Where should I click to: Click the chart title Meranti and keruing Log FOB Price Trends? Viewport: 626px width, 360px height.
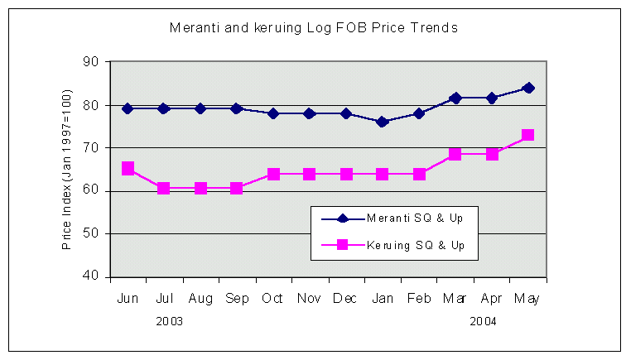pos(314,27)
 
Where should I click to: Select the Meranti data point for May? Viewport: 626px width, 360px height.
pos(528,88)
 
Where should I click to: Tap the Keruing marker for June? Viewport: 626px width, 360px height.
pos(128,168)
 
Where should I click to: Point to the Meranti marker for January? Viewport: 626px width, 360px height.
pos(383,122)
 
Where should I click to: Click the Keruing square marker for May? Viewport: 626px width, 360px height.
pos(528,135)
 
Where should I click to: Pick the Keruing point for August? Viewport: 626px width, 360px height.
pos(200,188)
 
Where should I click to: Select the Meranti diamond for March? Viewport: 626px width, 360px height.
pos(455,98)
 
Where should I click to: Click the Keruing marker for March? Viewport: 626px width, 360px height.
pos(455,154)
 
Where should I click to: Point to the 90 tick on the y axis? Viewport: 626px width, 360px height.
pos(90,62)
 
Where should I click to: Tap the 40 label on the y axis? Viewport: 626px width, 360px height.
pos(90,276)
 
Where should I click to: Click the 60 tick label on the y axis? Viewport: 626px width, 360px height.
pos(90,190)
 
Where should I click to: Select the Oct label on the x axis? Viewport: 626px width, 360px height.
pos(273,299)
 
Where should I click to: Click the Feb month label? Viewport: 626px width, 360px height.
pos(418,299)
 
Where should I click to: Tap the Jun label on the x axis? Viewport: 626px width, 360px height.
pos(128,299)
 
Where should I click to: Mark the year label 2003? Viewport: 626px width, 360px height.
pos(170,321)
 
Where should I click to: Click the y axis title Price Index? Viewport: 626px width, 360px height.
pos(66,169)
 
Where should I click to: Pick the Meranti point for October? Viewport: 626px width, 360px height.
pos(273,113)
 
